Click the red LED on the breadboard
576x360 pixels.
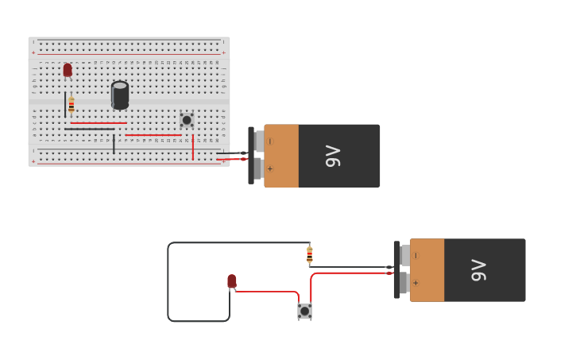click(x=68, y=70)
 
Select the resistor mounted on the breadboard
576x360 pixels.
click(x=72, y=104)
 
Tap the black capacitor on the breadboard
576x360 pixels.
click(x=120, y=95)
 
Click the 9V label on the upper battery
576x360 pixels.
click(x=333, y=156)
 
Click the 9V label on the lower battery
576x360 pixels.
click(x=478, y=270)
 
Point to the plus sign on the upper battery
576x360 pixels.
click(x=270, y=168)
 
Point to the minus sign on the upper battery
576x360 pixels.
click(x=270, y=141)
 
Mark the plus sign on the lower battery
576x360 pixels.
click(x=416, y=283)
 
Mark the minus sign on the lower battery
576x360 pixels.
click(x=416, y=256)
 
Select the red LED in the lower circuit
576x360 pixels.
click(x=232, y=281)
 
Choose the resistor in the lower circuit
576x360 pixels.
click(x=310, y=254)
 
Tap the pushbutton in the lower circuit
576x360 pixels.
click(x=304, y=311)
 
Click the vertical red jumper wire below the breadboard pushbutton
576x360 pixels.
click(x=192, y=146)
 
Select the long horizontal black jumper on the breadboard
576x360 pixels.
click(x=90, y=129)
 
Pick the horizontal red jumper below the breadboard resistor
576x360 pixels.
click(x=98, y=123)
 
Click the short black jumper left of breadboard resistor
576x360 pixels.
click(x=65, y=104)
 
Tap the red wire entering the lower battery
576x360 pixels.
click(x=350, y=273)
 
